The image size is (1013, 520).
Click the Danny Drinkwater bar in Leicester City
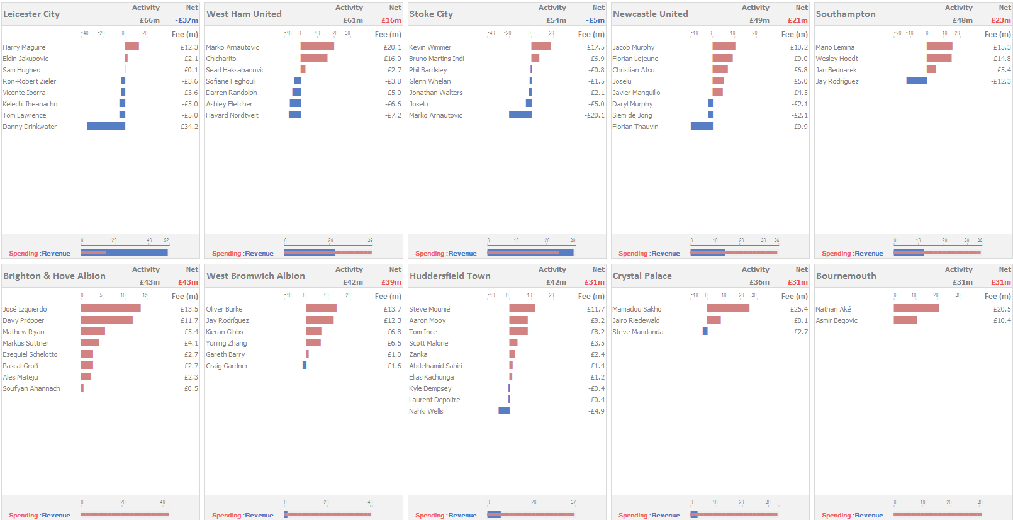[106, 127]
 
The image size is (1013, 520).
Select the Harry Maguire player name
[24, 47]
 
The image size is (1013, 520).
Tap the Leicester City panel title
[31, 14]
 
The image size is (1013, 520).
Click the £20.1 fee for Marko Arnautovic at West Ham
[392, 47]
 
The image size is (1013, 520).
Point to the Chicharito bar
[313, 59]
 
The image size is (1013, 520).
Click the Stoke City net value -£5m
[595, 20]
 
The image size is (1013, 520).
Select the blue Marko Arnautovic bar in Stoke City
[520, 115]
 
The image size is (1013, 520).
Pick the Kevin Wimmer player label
[430, 47]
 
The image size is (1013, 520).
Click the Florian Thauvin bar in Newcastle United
[702, 127]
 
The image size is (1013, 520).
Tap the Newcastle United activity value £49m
[759, 20]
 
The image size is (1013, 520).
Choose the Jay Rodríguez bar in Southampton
[916, 81]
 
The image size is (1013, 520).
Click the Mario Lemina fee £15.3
[1002, 47]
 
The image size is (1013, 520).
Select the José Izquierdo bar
[110, 309]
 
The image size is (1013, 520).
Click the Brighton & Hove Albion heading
[54, 276]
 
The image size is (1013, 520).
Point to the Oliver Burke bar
[321, 309]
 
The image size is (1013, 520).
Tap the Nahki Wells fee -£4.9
[596, 411]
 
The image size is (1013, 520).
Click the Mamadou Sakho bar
[728, 309]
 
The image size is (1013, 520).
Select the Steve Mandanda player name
[637, 332]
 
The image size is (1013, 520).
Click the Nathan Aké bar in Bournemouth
[916, 309]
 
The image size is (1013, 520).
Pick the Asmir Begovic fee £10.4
[1002, 320]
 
